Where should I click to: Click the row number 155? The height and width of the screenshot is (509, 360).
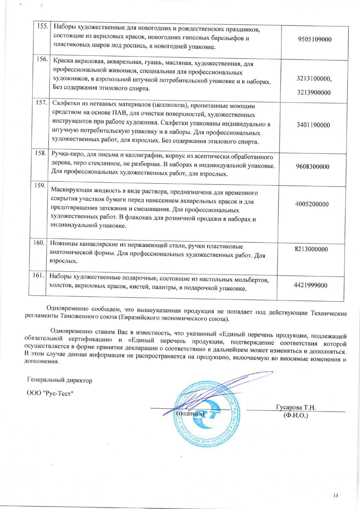coord(43,26)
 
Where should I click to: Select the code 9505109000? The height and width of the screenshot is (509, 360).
coord(314,39)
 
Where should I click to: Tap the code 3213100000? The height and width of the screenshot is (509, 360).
coord(314,78)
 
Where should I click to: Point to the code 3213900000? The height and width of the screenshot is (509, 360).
coord(314,93)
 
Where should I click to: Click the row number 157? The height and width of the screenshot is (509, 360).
coord(41,102)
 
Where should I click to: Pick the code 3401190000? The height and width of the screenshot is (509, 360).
coord(313,125)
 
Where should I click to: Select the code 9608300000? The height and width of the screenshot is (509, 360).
coord(312,167)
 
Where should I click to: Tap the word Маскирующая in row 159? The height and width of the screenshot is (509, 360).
coord(71,190)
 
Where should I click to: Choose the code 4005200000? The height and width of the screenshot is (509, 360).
coord(312,204)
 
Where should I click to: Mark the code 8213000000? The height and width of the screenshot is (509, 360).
coord(311,249)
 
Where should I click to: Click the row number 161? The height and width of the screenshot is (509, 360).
coord(38,275)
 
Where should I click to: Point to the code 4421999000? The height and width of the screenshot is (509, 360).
coord(310,285)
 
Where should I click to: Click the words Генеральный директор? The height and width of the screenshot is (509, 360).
coord(59,380)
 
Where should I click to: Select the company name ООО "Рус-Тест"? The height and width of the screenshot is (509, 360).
coord(50,393)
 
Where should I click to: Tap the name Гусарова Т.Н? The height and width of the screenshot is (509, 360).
coord(296,407)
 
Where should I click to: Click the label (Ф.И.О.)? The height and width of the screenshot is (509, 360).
coord(296,415)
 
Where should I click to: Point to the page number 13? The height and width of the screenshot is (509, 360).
coord(336,496)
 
